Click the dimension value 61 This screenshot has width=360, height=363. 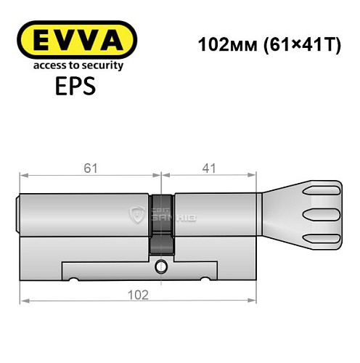tap(89, 168)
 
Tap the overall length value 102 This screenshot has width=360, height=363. tap(138, 294)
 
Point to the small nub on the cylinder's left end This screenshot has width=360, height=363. tap(18, 214)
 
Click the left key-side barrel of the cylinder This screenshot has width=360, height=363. tap(83, 215)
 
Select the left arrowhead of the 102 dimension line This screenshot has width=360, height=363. tap(24, 301)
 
